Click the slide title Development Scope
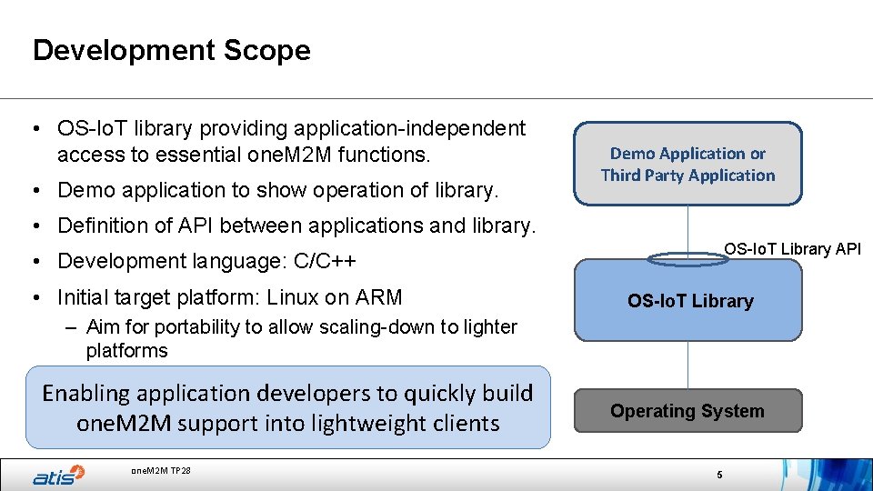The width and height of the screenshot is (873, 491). pyautogui.click(x=171, y=50)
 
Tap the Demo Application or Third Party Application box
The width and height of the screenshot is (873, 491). pyautogui.click(x=687, y=165)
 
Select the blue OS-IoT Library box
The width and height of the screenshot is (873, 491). pyautogui.click(x=688, y=301)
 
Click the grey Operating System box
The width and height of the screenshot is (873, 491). pyautogui.click(x=687, y=411)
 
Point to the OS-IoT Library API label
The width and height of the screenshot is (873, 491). pyautogui.click(x=792, y=248)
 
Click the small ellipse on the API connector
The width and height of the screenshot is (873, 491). pyautogui.click(x=688, y=259)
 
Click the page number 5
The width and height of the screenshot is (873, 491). pyautogui.click(x=718, y=476)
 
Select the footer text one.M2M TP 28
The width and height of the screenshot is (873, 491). pyautogui.click(x=161, y=470)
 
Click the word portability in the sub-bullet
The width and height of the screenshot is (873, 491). pyautogui.click(x=184, y=327)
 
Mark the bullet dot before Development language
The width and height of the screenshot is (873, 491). pyautogui.click(x=41, y=262)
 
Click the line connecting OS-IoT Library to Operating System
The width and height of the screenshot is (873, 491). pyautogui.click(x=688, y=365)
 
